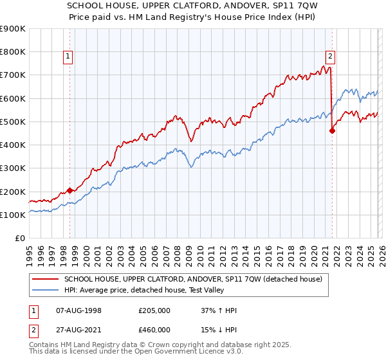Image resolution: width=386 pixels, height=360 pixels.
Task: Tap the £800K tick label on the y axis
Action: (13, 52)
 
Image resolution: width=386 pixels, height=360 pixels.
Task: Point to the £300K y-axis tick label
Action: (13, 168)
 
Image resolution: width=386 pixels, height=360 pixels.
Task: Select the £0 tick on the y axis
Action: (19, 239)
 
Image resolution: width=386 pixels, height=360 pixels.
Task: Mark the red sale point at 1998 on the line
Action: (69, 191)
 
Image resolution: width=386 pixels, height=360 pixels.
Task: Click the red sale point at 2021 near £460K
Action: (333, 131)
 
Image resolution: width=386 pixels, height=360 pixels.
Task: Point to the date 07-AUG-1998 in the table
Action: (79, 310)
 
